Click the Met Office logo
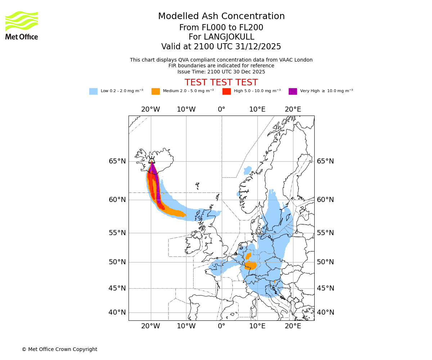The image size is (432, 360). [x=22, y=25]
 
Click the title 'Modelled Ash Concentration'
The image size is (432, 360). [x=221, y=16]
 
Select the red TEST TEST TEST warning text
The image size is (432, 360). [x=221, y=82]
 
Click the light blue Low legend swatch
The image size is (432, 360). [x=93, y=91]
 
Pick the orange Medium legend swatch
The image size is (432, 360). [x=156, y=91]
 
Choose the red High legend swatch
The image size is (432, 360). [x=226, y=91]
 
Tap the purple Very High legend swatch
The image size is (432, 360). [x=293, y=91]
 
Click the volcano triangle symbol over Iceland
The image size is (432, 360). [x=152, y=161]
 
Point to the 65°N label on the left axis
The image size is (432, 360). [x=117, y=161]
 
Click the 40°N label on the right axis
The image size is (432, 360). [x=325, y=312]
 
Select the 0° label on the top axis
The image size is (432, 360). [x=221, y=109]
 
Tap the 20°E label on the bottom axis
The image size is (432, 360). [x=293, y=326]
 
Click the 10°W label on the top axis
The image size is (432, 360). [x=186, y=109]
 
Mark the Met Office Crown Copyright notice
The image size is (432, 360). [x=59, y=349]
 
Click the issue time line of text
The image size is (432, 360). [x=221, y=72]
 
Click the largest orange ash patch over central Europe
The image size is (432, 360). [x=251, y=266]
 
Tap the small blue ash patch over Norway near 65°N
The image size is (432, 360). [x=248, y=170]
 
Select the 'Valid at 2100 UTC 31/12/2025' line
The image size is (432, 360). [x=221, y=47]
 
